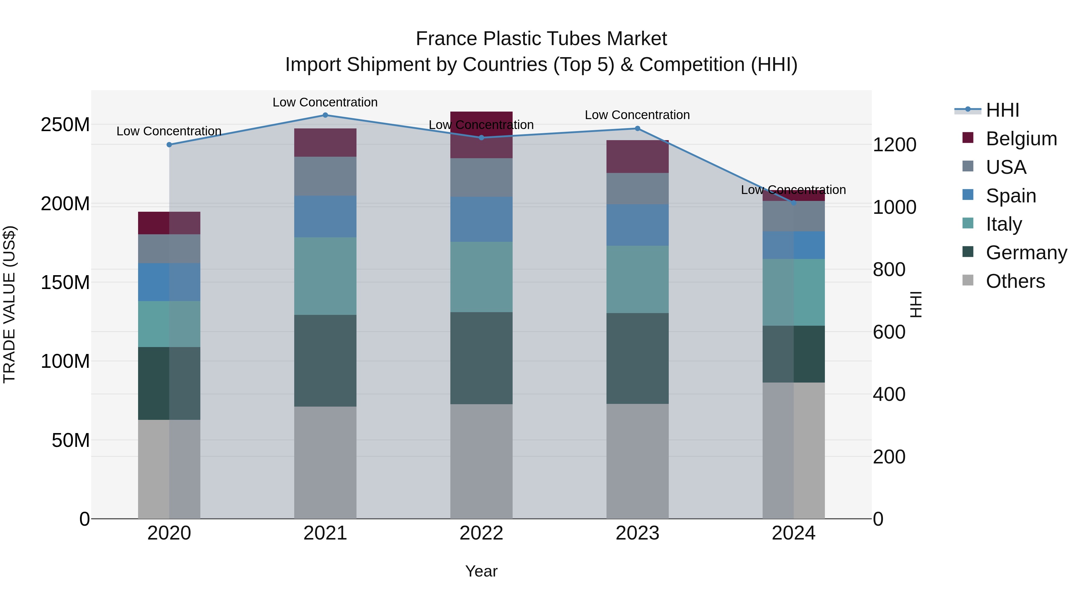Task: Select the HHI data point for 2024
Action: [793, 203]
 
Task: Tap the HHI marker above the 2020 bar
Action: [169, 145]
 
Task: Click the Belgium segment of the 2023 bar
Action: [637, 156]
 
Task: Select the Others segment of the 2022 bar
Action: [481, 461]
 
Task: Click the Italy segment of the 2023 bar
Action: [637, 279]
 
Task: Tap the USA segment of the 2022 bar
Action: [481, 177]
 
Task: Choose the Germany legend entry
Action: [1026, 253]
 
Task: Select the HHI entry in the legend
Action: [1002, 110]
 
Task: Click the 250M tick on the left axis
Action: [65, 125]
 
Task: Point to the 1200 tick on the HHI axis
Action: [894, 145]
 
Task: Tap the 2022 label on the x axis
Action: [481, 533]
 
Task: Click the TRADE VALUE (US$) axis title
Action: [9, 304]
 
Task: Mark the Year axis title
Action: [481, 571]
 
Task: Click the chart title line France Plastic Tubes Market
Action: [541, 39]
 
